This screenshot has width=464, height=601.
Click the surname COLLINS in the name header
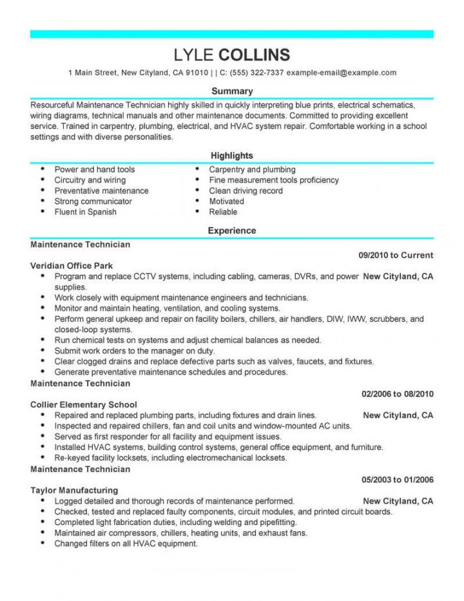click(x=255, y=54)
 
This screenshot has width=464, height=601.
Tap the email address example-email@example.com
click(x=341, y=72)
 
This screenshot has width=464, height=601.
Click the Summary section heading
click(x=232, y=91)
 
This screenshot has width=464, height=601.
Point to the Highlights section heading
click(x=232, y=155)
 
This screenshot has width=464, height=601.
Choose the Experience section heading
click(x=232, y=230)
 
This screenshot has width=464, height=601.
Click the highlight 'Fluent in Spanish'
click(x=86, y=212)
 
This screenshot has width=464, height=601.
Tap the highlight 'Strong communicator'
click(x=93, y=201)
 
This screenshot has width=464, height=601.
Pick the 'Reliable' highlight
click(x=223, y=212)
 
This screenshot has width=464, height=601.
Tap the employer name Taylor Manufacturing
click(x=74, y=490)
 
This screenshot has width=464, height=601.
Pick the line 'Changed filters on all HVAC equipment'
click(x=126, y=544)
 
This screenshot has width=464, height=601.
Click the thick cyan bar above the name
click(x=232, y=34)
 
